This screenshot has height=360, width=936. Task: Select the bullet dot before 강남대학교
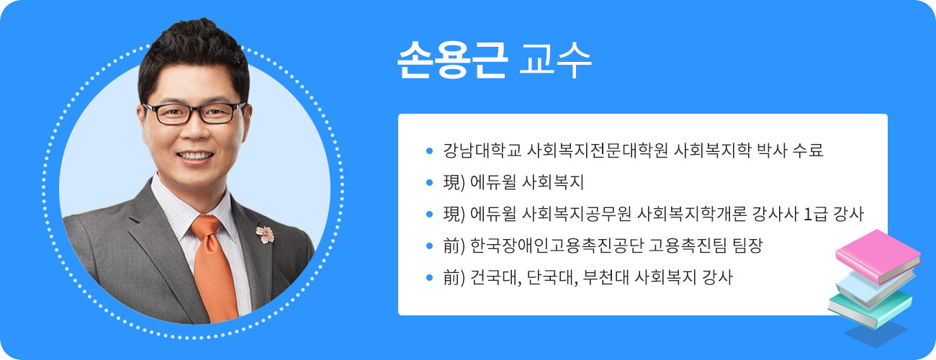(430, 151)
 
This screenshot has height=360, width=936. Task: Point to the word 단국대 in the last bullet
(551, 277)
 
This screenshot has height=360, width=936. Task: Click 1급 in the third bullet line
(816, 214)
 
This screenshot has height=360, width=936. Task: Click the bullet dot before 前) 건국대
(430, 277)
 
